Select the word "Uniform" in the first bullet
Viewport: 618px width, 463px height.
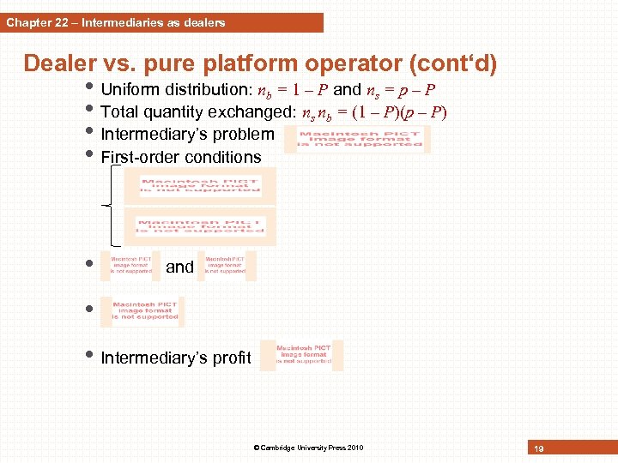(128, 89)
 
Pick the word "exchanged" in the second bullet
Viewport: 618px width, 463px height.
(254, 111)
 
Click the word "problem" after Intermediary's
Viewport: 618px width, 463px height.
(246, 134)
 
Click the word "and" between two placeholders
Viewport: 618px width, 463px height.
(179, 267)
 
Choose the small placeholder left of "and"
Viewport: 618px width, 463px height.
(130, 265)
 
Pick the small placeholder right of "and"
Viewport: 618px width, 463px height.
(226, 265)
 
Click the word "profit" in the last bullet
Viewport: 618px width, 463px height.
(234, 358)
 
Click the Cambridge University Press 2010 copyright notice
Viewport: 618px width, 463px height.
(308, 448)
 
